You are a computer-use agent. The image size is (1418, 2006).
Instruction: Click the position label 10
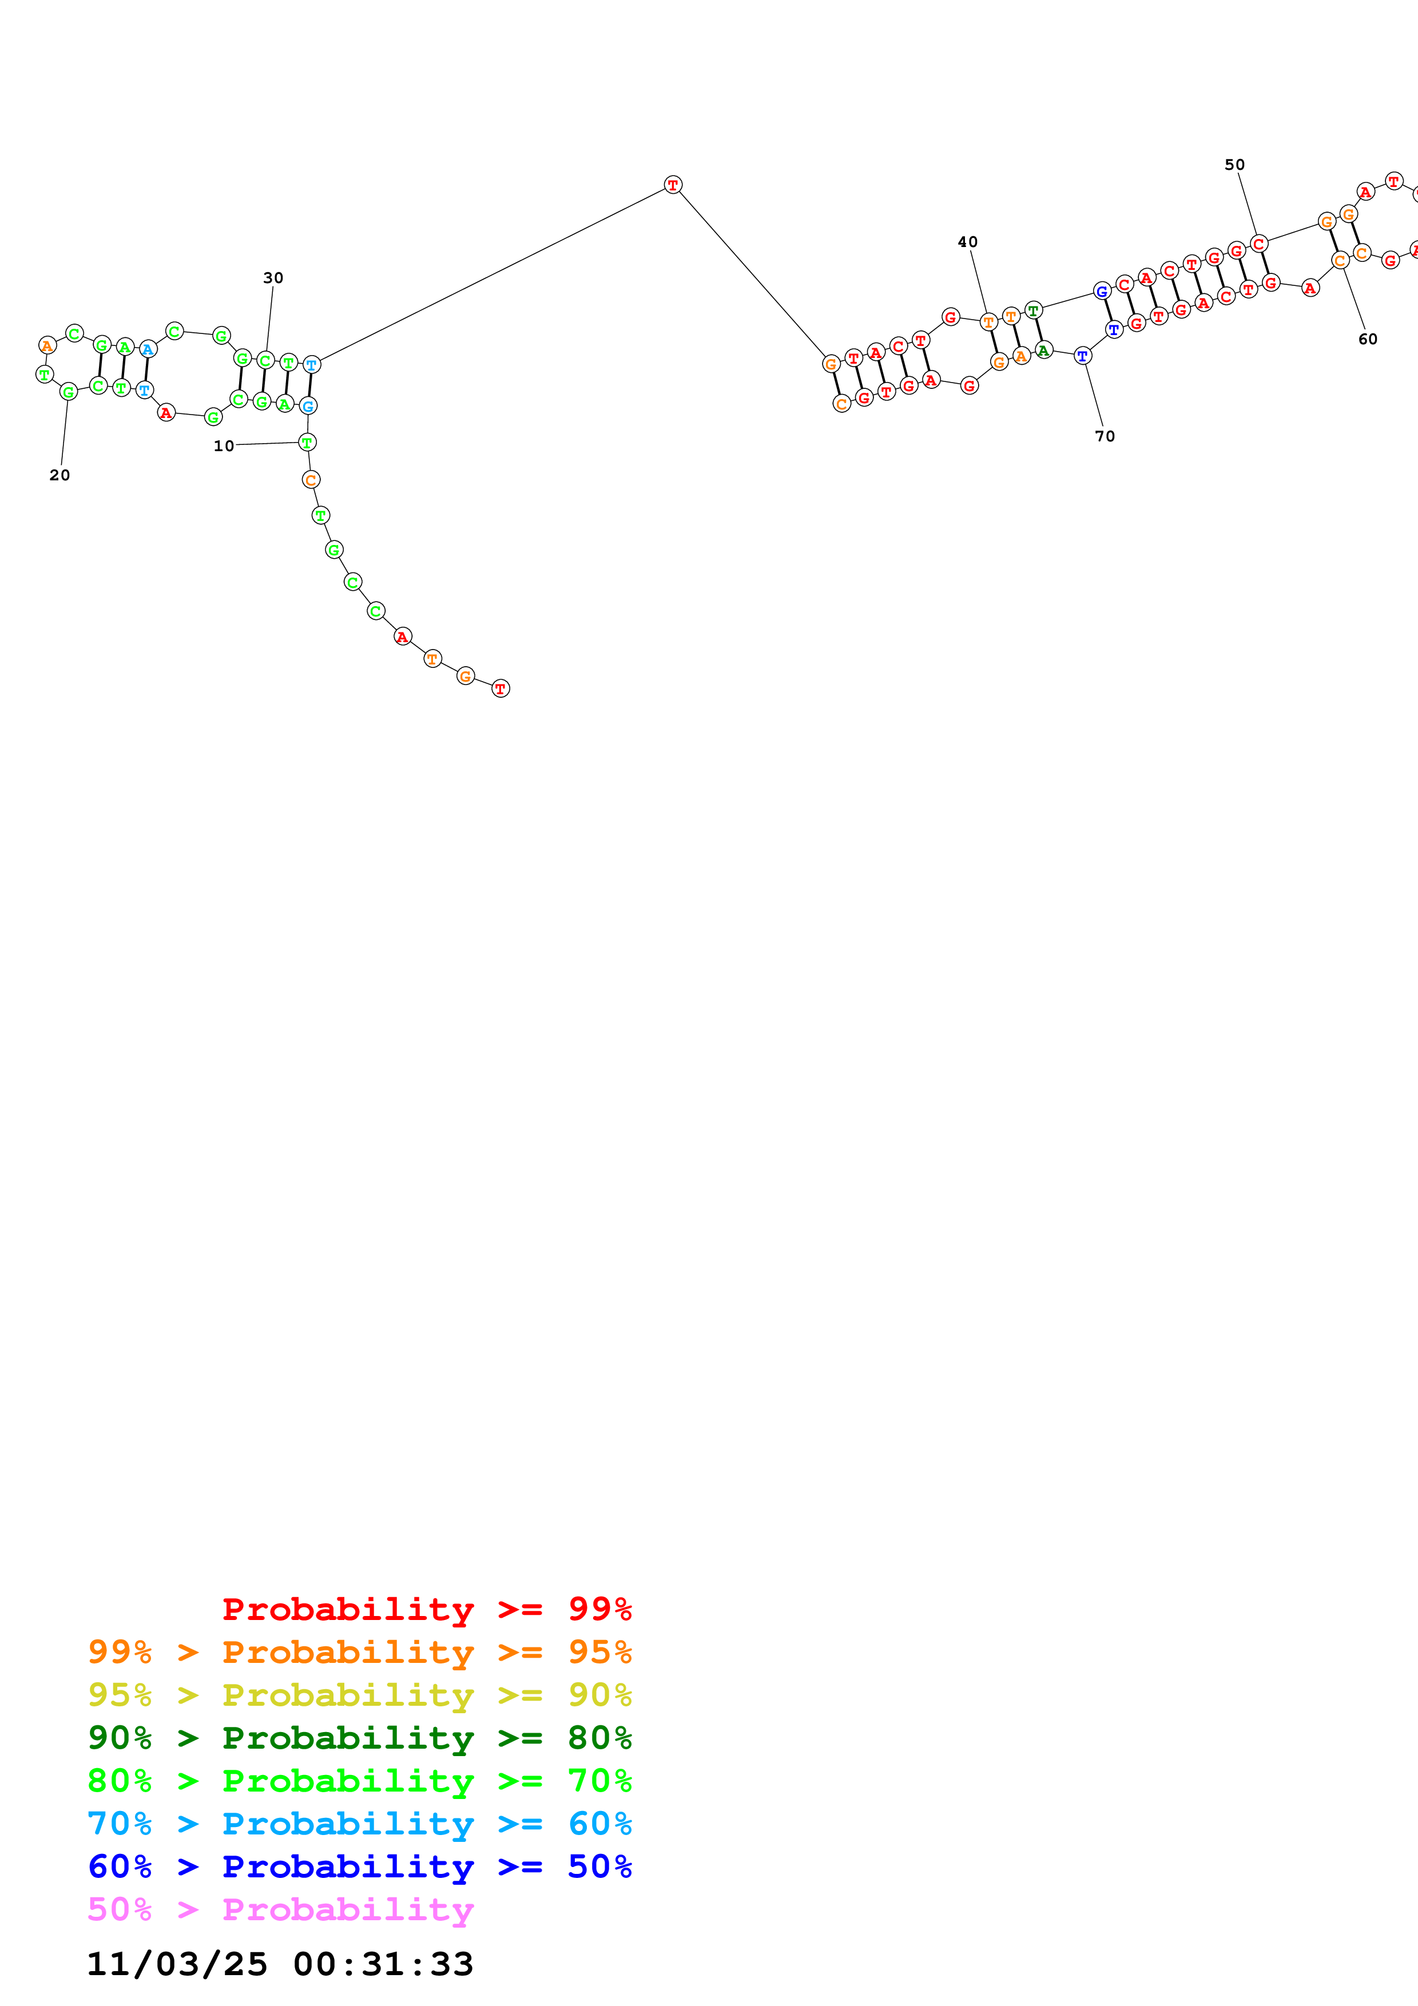224,447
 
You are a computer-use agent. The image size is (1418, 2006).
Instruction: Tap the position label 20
59,475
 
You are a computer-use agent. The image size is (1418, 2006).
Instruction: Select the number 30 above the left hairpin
273,278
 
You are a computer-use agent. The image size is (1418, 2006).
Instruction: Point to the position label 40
967,242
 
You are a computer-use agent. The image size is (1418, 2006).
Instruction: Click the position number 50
1234,165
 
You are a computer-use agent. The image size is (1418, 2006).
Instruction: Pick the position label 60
1367,339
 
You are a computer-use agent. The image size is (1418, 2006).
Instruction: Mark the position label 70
1105,436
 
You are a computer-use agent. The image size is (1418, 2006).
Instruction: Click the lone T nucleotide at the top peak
673,184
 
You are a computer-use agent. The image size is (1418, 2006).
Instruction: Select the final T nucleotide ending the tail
500,688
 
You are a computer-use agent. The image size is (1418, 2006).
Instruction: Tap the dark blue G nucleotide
1102,291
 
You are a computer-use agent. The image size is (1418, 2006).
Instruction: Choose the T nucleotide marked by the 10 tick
307,442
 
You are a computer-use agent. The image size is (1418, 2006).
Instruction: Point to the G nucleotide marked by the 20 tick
68,392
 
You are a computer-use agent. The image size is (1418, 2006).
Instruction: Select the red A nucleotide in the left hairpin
166,412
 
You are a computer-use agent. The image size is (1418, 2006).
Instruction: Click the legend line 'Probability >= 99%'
426,1609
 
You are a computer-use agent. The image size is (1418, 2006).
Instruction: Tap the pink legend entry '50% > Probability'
280,1909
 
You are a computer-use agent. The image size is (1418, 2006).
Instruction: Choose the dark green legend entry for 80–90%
359,1738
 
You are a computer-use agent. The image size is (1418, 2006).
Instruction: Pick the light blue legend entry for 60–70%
359,1824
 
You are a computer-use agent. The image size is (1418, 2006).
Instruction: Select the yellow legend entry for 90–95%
359,1695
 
